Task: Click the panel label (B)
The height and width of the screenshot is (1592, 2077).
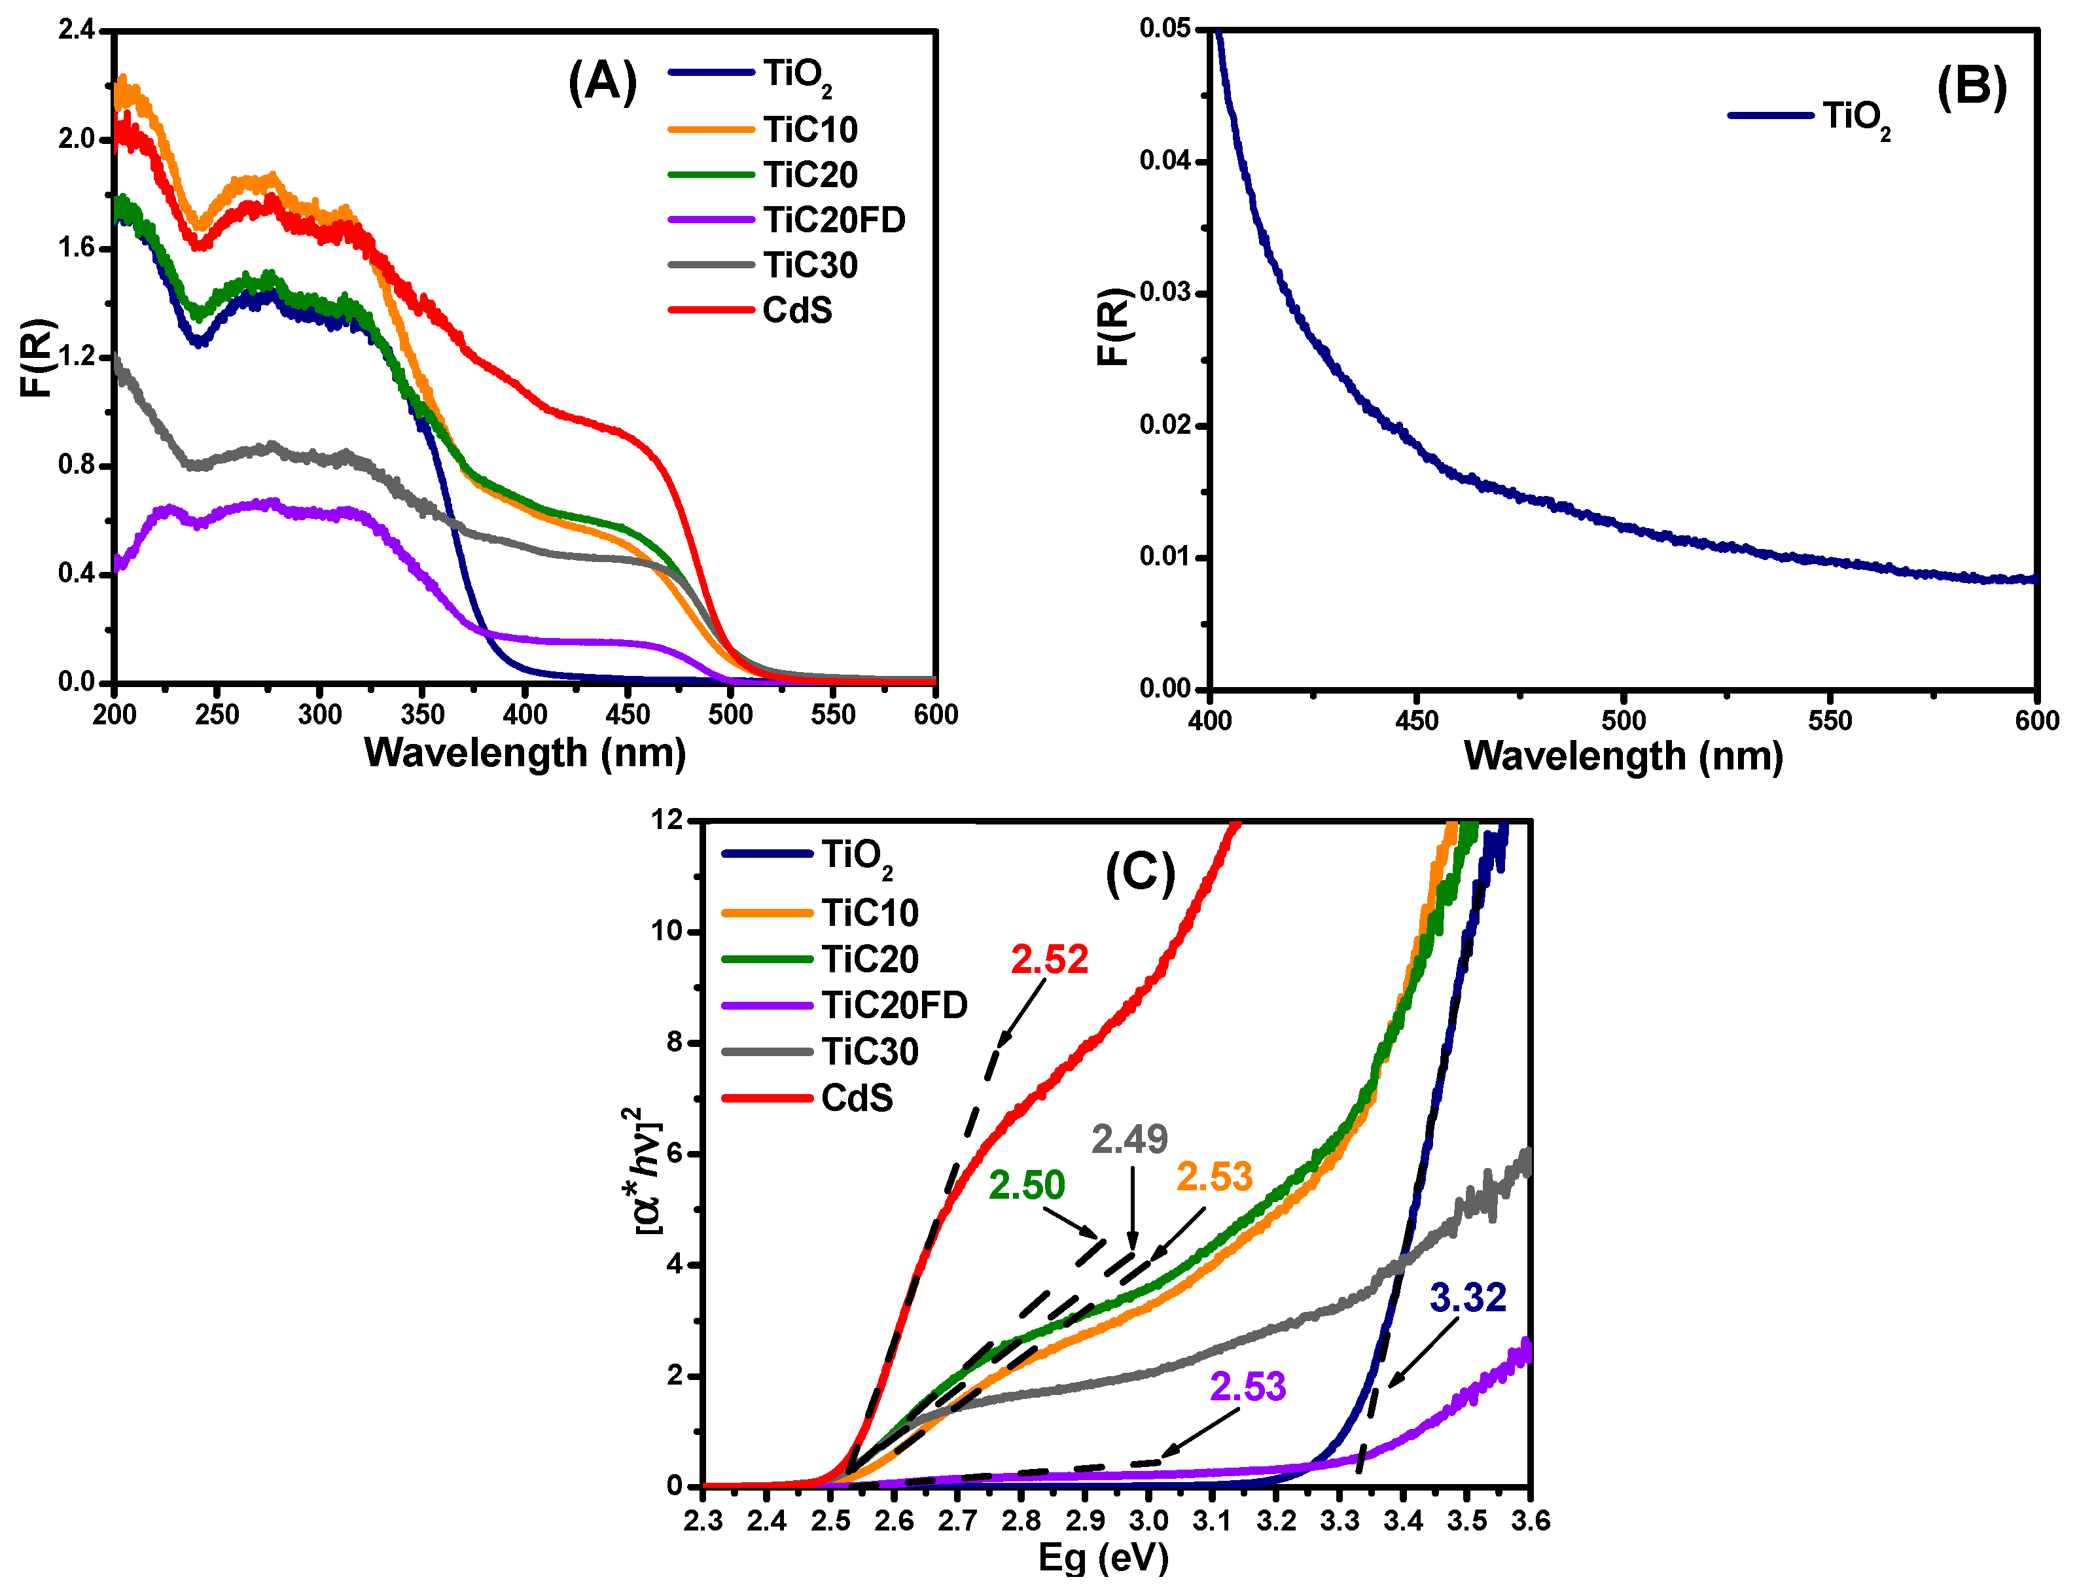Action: pyautogui.click(x=1971, y=88)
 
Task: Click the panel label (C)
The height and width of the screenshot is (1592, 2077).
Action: pyautogui.click(x=1140, y=873)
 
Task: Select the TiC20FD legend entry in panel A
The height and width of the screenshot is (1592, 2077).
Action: pyautogui.click(x=834, y=220)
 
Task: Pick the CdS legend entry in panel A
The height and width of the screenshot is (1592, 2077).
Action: pyautogui.click(x=797, y=311)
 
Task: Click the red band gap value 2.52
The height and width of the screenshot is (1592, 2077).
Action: pyautogui.click(x=1049, y=960)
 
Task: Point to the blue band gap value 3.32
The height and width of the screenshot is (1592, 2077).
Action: pyautogui.click(x=1468, y=1298)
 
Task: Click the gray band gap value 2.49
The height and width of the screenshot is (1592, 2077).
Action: pyautogui.click(x=1129, y=1139)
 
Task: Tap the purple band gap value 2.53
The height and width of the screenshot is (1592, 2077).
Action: pyautogui.click(x=1248, y=1387)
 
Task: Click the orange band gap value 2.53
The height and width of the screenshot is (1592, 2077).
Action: pyautogui.click(x=1215, y=1177)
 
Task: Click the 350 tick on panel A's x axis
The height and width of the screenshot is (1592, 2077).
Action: pyautogui.click(x=423, y=715)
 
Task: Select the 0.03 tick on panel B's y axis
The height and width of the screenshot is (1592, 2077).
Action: pyautogui.click(x=1165, y=292)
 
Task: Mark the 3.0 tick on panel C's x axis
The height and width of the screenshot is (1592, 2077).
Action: pyautogui.click(x=1148, y=1521)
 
